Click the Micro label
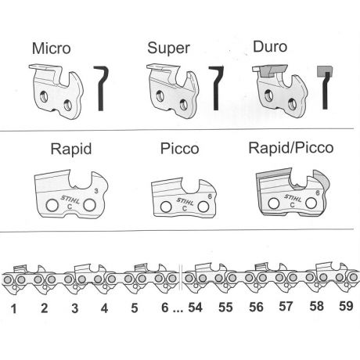point(52,49)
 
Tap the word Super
point(168,49)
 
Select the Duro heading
point(270,47)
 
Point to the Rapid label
point(71,149)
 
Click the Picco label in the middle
point(179,149)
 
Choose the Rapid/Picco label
point(291,148)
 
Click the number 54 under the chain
point(196,308)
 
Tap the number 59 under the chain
point(346,306)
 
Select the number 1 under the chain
point(13,308)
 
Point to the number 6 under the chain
point(165,308)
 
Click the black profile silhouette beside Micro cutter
point(101,88)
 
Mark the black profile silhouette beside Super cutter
point(216,88)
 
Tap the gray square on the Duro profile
point(325,71)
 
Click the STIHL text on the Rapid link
point(70,200)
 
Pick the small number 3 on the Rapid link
point(96,191)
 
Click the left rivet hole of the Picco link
point(166,207)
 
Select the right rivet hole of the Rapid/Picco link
point(311,203)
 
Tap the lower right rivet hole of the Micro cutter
point(68,105)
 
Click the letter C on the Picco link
point(185,209)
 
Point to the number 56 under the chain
point(256,307)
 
